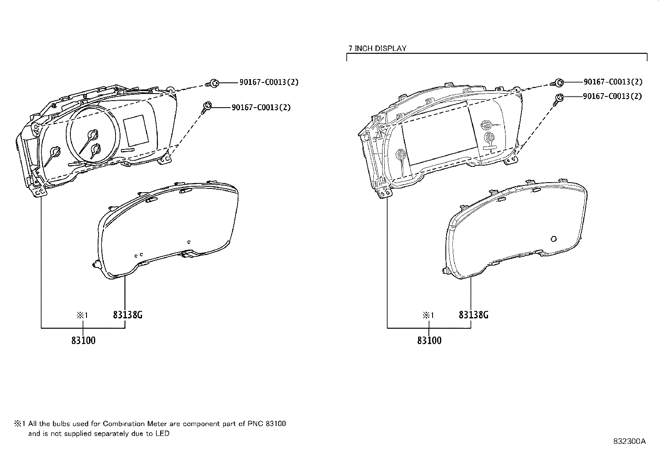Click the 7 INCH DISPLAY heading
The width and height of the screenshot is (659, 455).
tap(377, 48)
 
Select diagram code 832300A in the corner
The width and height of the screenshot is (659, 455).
tap(629, 441)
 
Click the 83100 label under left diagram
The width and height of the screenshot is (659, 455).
tap(83, 340)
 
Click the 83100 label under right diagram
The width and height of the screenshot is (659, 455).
tap(429, 340)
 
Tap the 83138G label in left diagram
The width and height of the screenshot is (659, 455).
tap(127, 315)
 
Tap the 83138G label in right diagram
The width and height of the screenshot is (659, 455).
tap(474, 315)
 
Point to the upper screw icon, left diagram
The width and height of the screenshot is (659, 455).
tap(213, 83)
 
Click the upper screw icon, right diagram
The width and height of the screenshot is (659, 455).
tap(558, 83)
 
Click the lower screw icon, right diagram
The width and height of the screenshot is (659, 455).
tap(559, 98)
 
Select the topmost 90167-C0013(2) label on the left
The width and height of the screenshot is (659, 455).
tap(269, 82)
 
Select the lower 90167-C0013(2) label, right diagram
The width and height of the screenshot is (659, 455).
tap(612, 96)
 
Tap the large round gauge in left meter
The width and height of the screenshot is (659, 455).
tap(94, 135)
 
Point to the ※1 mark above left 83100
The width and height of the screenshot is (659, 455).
tap(82, 315)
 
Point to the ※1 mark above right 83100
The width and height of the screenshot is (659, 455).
tap(428, 315)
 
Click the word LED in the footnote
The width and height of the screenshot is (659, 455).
tap(162, 434)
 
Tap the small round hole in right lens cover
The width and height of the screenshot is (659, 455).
tap(554, 239)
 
